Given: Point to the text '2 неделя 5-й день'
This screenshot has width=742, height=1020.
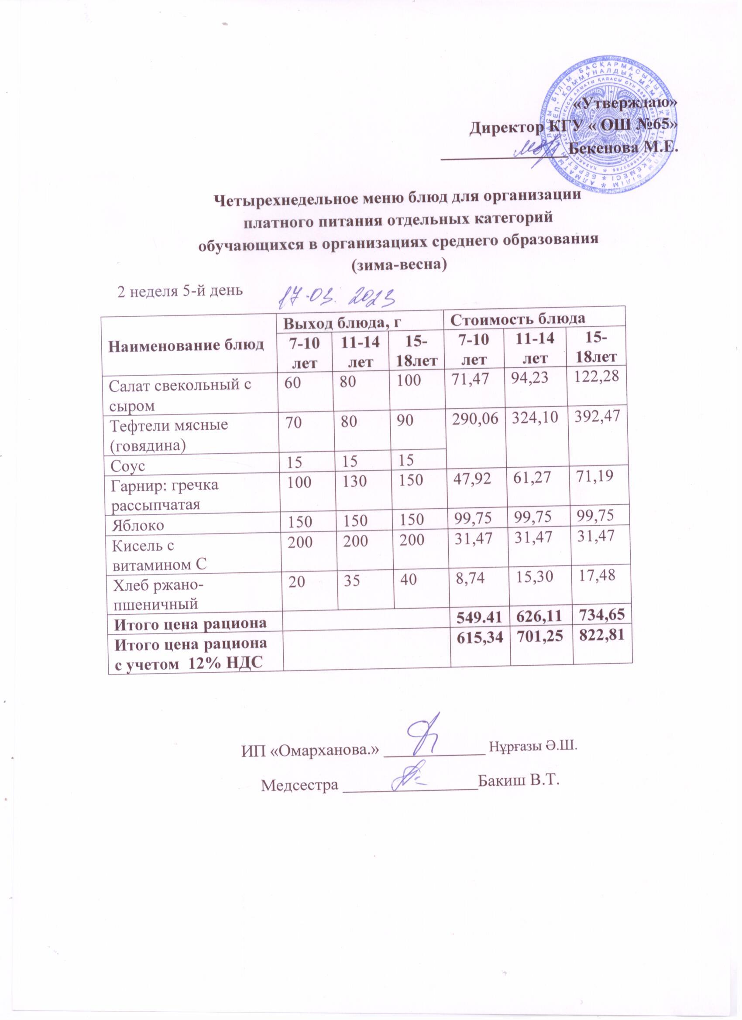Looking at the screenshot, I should [x=180, y=291].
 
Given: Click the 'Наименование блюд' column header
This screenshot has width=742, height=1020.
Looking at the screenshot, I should [x=188, y=345].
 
